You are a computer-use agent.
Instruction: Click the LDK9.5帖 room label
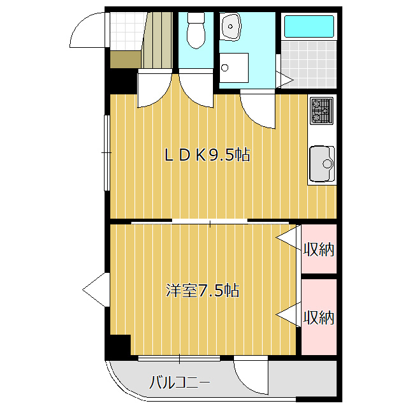pyautogui.click(x=207, y=154)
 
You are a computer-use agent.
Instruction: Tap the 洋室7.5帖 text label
pyautogui.click(x=203, y=291)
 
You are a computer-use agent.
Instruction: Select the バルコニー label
pyautogui.click(x=180, y=383)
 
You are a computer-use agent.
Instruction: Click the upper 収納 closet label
pyautogui.click(x=318, y=249)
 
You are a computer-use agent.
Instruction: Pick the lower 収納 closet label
pyautogui.click(x=318, y=317)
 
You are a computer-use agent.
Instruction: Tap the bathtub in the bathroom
pyautogui.click(x=309, y=27)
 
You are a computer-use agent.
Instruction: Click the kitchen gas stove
pyautogui.click(x=322, y=110)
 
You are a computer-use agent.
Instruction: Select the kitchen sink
pyautogui.click(x=322, y=164)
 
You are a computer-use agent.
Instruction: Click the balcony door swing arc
pyautogui.click(x=251, y=376)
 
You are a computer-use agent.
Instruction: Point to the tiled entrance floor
pyautogui.click(x=124, y=29)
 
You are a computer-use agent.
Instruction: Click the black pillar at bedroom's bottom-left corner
pyautogui.click(x=118, y=345)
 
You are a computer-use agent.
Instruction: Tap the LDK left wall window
pyautogui.click(x=106, y=152)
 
